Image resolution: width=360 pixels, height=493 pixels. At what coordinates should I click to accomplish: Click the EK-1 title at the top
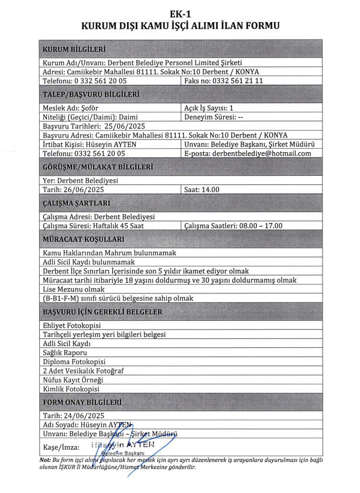tap(180, 13)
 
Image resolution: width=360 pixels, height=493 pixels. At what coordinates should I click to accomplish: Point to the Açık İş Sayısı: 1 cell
tap(209, 108)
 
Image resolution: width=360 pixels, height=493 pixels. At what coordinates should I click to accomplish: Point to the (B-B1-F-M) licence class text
tap(64, 298)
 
